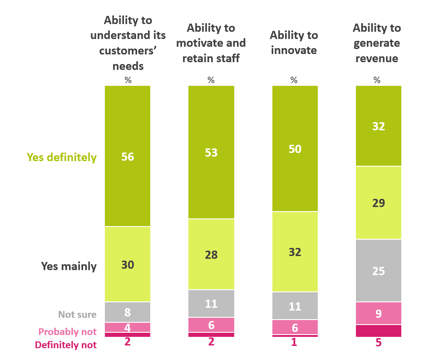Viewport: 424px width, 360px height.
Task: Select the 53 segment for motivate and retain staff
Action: [x=211, y=152]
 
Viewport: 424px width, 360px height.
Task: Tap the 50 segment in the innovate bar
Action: [x=295, y=148]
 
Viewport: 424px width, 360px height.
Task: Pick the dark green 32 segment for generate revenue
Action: [x=378, y=126]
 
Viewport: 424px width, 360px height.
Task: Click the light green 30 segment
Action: [x=128, y=264]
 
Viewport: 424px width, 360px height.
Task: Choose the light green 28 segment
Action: [x=211, y=254]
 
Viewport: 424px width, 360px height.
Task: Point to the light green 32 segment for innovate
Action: [x=295, y=252]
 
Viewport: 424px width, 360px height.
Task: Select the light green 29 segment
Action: [x=378, y=202]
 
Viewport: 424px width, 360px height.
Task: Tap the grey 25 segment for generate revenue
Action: [x=378, y=271]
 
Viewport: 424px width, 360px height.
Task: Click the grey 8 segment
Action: [x=128, y=312]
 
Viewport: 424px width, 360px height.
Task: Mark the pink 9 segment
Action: [x=378, y=313]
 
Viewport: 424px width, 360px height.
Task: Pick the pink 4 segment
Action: [x=128, y=327]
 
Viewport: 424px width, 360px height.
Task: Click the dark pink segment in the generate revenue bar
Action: [x=378, y=331]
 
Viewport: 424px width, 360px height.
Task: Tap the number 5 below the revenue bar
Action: [x=378, y=343]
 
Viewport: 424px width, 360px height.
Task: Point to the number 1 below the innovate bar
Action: [x=294, y=343]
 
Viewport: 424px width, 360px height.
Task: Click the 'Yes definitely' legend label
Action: [x=62, y=158]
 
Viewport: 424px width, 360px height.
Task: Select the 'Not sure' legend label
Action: [x=77, y=314]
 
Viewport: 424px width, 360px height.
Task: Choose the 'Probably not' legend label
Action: [x=68, y=332]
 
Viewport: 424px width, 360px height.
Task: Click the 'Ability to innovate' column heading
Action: [x=293, y=43]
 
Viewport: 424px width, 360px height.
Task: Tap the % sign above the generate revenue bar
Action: [x=377, y=80]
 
